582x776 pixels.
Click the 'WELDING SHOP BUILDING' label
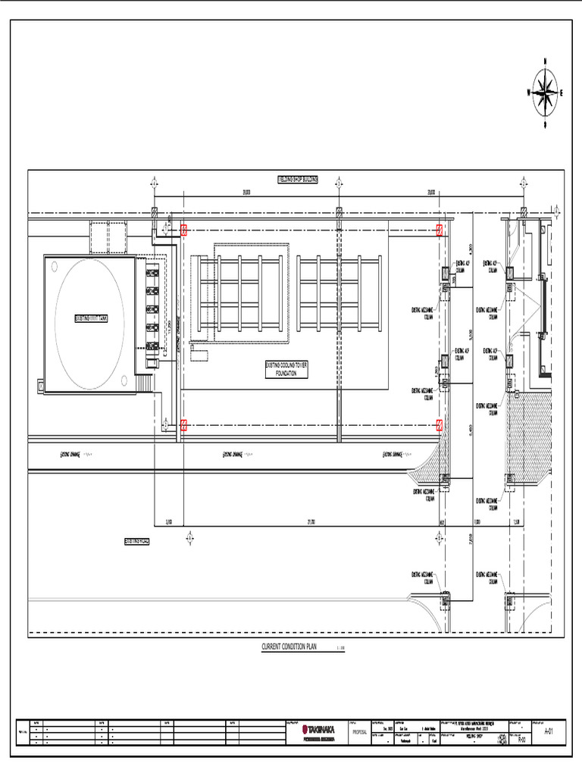pyautogui.click(x=297, y=180)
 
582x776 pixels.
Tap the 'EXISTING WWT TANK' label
pyautogui.click(x=90, y=318)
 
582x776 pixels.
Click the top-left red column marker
pyautogui.click(x=183, y=230)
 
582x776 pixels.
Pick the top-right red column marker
pyautogui.click(x=440, y=230)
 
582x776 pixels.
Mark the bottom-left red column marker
pyautogui.click(x=183, y=425)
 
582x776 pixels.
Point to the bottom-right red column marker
pyautogui.click(x=440, y=425)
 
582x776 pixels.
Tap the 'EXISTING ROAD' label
pyautogui.click(x=137, y=541)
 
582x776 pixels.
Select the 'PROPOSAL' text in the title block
pyautogui.click(x=358, y=732)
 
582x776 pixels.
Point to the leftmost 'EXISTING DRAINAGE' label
pyautogui.click(x=70, y=455)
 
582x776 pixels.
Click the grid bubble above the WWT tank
pyautogui.click(x=155, y=183)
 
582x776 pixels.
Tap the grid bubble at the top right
pyautogui.click(x=524, y=183)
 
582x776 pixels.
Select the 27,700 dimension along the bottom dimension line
pyautogui.click(x=311, y=522)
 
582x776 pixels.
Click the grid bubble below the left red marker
pyautogui.click(x=189, y=537)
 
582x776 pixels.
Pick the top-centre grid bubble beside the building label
pyautogui.click(x=339, y=183)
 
